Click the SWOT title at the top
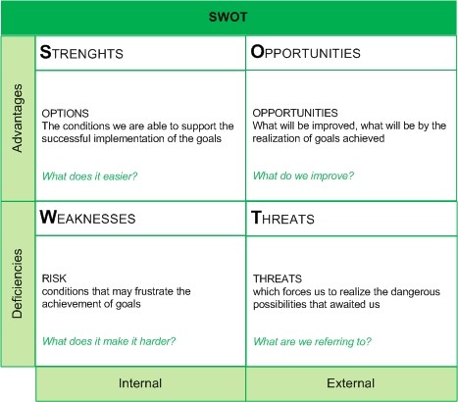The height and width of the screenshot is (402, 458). tap(228, 17)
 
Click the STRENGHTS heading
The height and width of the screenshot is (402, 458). tap(81, 52)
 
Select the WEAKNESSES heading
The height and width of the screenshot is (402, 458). tap(87, 218)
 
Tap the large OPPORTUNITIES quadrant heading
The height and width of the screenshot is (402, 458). tap(306, 52)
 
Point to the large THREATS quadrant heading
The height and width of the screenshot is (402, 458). tap(282, 218)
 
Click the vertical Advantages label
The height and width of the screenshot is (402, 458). tap(18, 118)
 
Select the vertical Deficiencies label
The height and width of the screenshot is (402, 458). tap(18, 283)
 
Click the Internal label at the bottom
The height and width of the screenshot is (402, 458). tap(140, 383)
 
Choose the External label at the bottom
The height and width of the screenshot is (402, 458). tap(351, 383)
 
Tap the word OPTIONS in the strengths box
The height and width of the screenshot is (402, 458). tap(66, 114)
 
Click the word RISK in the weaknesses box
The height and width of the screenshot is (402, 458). tap(54, 278)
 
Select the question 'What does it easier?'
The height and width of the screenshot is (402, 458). tap(90, 176)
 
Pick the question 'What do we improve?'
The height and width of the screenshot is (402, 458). tap(303, 176)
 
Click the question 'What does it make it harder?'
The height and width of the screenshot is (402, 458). tap(109, 341)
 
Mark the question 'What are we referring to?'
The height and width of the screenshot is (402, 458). tap(312, 341)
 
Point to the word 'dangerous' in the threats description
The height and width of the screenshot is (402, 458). tap(415, 291)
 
